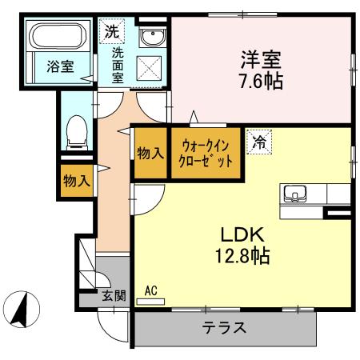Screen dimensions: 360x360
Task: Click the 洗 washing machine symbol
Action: [110, 33]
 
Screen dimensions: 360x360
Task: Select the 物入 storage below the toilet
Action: [76, 181]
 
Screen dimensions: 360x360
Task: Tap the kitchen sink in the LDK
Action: [293, 194]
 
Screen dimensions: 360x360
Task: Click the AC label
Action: [152, 291]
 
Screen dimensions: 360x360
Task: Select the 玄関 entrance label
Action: [114, 295]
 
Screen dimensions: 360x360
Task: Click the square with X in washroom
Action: [150, 68]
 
